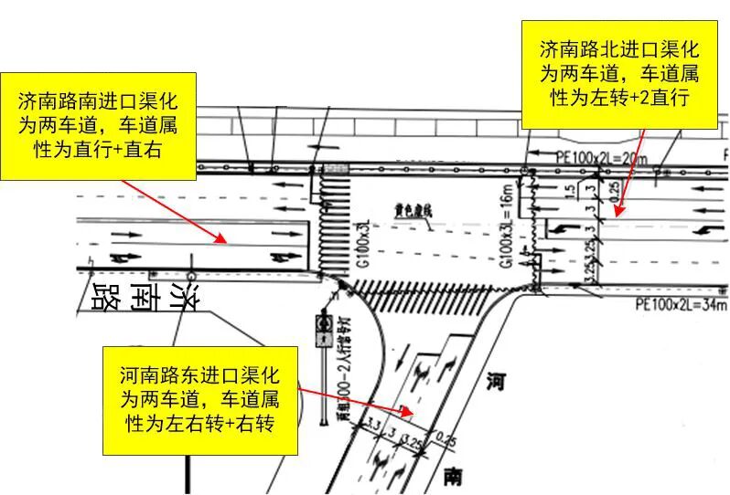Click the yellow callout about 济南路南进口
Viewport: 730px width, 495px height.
coord(99,124)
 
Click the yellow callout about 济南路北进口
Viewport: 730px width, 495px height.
coord(619,72)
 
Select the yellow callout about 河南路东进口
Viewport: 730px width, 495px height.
coord(201,398)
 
